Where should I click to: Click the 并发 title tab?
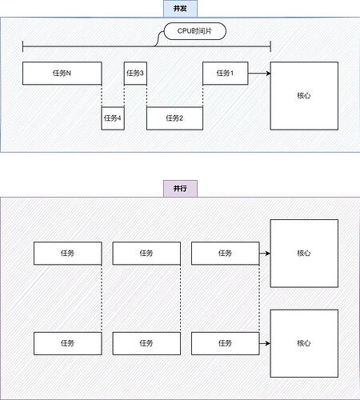pos(180,9)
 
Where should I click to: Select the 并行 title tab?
pos(180,189)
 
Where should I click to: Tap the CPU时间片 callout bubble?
pos(195,31)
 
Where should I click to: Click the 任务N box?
pos(62,74)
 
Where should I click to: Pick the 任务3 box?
pos(135,74)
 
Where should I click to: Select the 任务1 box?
pos(226,74)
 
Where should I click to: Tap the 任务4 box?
pos(113,118)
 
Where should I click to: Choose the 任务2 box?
pos(174,118)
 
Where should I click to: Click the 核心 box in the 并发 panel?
pos(304,96)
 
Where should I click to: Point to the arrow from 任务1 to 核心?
pos(259,74)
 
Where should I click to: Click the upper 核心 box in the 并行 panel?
pos(304,254)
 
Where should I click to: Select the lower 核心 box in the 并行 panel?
pos(304,343)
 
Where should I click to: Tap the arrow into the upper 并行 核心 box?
pos(265,254)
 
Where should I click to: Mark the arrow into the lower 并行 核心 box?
pos(265,343)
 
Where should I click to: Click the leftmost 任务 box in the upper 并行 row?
pos(68,254)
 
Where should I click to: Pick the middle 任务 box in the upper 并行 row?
pos(146,254)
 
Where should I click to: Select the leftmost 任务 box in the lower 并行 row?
pos(68,343)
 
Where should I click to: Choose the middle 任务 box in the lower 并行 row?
pos(146,343)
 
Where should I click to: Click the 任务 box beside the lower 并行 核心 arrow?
pos(226,343)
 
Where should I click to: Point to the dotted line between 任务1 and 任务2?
pos(203,96)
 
